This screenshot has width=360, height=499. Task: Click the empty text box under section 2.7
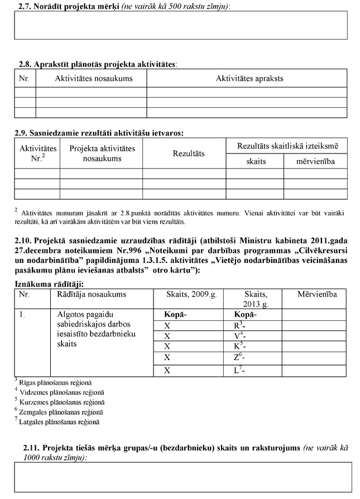pos(181,25)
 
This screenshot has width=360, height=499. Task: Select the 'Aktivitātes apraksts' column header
pos(249,79)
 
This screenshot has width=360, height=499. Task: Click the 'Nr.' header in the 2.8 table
pos(24,79)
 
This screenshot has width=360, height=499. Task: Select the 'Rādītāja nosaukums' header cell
pos(92,294)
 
